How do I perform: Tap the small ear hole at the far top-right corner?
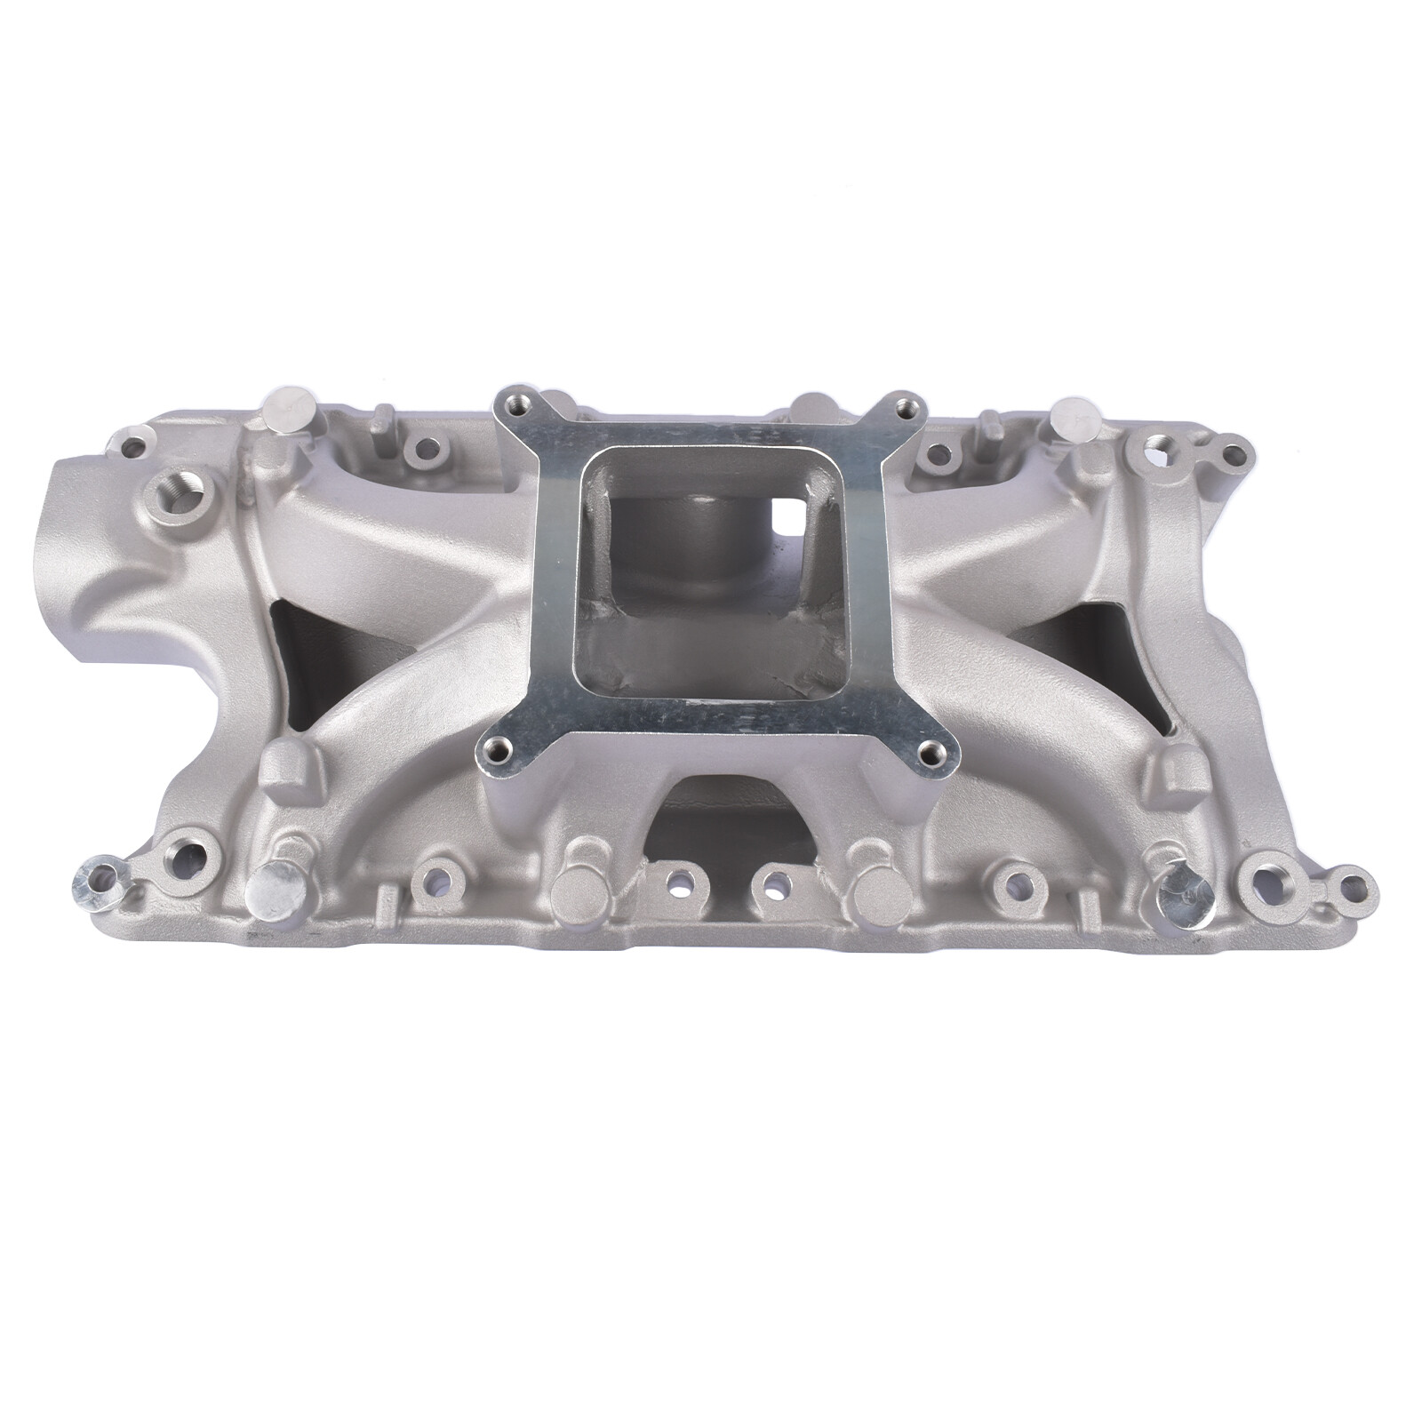tap(1232, 455)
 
